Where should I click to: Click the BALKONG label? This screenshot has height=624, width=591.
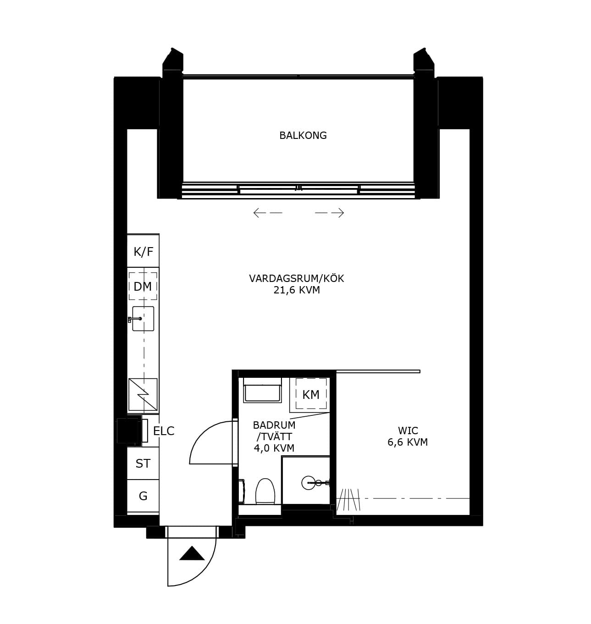tap(303, 136)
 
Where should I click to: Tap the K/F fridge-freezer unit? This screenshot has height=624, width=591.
tap(143, 250)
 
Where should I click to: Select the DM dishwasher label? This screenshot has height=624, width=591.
tap(143, 287)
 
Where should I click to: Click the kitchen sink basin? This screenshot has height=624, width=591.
tap(143, 318)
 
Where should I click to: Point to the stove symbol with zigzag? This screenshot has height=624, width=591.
tap(143, 394)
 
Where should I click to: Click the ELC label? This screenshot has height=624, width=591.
tap(164, 431)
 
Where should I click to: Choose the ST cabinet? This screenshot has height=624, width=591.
tap(143, 463)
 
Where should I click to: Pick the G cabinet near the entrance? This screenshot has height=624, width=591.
tap(143, 496)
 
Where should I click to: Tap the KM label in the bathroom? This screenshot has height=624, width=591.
tap(311, 395)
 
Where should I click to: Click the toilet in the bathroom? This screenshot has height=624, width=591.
tap(265, 491)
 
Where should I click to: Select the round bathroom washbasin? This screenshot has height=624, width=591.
tap(308, 483)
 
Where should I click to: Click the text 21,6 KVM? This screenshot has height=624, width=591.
tap(297, 290)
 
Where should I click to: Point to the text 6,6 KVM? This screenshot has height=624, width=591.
tap(408, 442)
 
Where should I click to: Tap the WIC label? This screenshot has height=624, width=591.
tap(408, 431)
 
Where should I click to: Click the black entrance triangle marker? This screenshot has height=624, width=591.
tap(192, 553)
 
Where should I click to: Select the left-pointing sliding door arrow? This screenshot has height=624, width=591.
tap(268, 213)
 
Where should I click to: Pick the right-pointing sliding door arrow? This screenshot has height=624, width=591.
tap(330, 213)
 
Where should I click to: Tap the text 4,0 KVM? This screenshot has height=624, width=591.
tap(274, 448)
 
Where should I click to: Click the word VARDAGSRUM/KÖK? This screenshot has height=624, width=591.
tap(297, 278)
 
